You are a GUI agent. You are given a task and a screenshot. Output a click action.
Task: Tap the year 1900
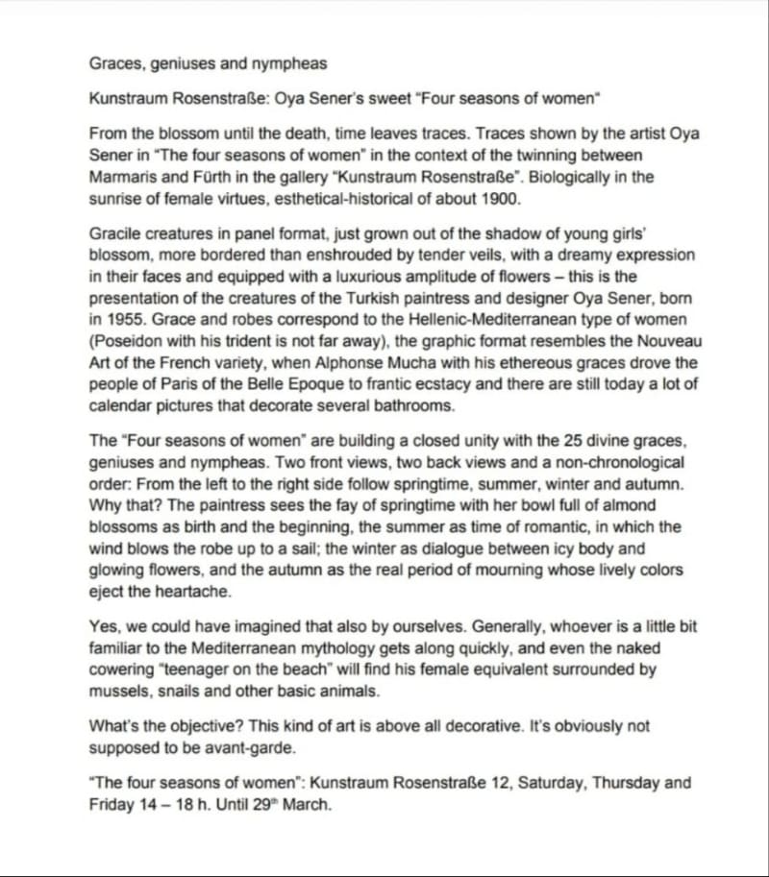click(x=502, y=199)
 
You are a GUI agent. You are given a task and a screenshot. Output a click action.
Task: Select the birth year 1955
click(x=121, y=321)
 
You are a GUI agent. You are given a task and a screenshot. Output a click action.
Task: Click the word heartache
click(x=191, y=592)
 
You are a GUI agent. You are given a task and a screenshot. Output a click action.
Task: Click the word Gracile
click(x=116, y=233)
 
